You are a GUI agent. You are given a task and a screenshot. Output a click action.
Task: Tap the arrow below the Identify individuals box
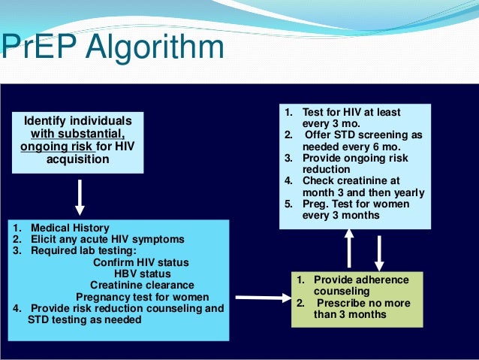pyautogui.click(x=80, y=197)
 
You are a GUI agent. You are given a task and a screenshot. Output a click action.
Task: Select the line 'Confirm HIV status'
pyautogui.click(x=141, y=262)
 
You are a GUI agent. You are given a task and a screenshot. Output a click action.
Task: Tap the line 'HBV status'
pyautogui.click(x=142, y=274)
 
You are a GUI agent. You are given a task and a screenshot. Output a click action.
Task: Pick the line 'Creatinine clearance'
pyautogui.click(x=142, y=285)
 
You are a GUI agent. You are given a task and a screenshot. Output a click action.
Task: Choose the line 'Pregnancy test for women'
pyautogui.click(x=142, y=296)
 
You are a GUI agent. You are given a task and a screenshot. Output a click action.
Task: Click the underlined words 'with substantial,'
pyautogui.click(x=78, y=134)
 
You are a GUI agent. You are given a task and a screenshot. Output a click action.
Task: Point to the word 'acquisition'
pyautogui.click(x=78, y=159)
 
